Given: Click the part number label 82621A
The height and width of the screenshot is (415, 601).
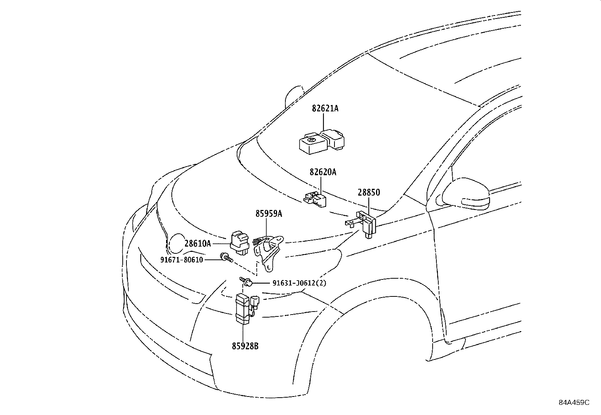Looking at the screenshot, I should pos(325,109).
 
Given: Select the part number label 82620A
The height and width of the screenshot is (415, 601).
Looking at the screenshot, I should pos(323,172).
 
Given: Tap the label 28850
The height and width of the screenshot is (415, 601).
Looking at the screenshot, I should pos(368,193).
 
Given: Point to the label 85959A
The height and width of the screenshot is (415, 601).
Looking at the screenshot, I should pos(268,214).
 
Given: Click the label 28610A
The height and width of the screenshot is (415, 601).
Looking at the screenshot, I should pos(197,244).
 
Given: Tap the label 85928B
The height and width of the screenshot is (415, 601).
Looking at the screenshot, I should pos(245,346).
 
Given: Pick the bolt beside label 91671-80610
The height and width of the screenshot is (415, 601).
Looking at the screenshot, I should pos(227,258).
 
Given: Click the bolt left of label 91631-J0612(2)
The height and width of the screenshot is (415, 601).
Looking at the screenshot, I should pos(246,282).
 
